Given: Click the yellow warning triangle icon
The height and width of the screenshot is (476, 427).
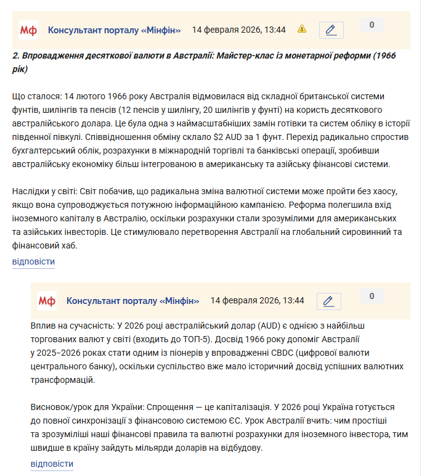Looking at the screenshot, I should click(x=302, y=29).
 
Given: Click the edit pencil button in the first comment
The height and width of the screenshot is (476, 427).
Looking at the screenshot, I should click(x=331, y=30).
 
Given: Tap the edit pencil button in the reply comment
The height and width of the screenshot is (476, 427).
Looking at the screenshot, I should click(x=328, y=301).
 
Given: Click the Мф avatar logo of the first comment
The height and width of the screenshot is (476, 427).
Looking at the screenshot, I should click(x=28, y=30).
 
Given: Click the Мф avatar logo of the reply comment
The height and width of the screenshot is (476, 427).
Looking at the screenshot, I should click(x=46, y=301).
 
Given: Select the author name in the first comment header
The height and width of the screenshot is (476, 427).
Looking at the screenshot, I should click(x=115, y=30).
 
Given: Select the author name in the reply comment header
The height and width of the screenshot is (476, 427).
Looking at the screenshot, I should click(x=133, y=301).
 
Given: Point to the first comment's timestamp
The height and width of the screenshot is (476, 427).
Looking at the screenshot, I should click(x=238, y=30).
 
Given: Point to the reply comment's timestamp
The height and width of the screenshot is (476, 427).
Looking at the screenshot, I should click(x=257, y=301).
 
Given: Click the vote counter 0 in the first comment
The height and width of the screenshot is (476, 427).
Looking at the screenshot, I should click(x=372, y=25).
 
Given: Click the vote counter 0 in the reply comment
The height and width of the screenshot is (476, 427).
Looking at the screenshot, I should click(x=372, y=297).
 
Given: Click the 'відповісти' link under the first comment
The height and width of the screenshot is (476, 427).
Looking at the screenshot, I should click(x=33, y=262).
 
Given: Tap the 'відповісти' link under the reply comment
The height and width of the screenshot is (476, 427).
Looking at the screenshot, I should click(x=52, y=464).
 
